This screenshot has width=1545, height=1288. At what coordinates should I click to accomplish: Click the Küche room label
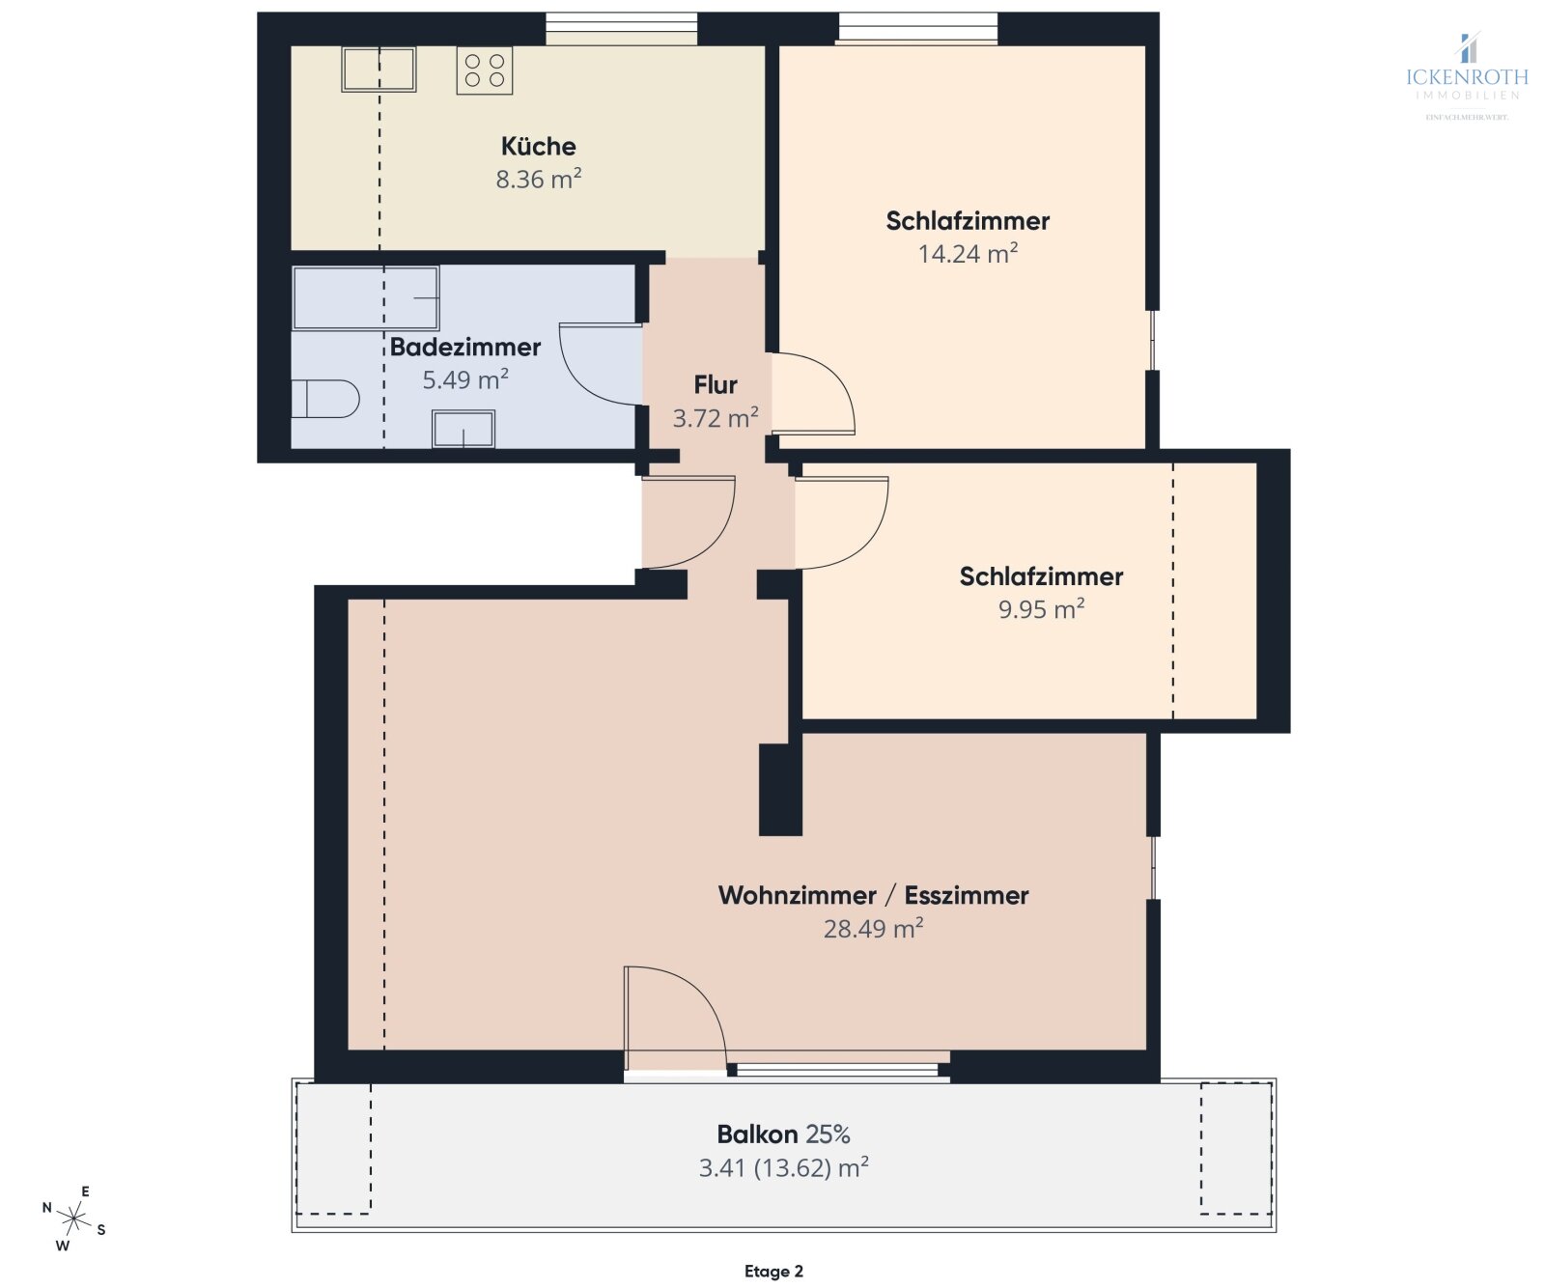(538, 147)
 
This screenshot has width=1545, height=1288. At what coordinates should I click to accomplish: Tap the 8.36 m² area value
(538, 180)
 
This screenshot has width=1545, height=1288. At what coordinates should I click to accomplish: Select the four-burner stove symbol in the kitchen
(484, 70)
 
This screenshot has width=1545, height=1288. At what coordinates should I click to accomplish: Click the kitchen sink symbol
(379, 70)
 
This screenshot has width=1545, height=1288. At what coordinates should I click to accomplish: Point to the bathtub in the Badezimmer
(366, 298)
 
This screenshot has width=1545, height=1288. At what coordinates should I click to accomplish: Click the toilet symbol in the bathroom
(325, 399)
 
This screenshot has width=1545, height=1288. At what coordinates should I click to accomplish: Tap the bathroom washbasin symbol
(463, 429)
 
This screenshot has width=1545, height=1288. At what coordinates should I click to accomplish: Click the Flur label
(715, 385)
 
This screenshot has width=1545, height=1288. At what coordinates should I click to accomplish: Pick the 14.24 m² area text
(968, 254)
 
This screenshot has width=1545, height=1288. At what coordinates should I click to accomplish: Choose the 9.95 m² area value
(1041, 610)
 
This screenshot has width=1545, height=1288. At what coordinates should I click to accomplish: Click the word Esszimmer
(966, 896)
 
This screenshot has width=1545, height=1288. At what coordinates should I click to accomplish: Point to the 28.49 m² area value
(873, 929)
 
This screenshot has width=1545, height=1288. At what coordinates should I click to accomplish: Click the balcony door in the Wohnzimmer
(673, 1019)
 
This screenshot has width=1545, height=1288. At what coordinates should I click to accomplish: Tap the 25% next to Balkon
(828, 1134)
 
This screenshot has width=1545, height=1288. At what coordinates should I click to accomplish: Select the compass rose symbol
(73, 1219)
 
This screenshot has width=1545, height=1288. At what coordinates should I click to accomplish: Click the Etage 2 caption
(773, 1272)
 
